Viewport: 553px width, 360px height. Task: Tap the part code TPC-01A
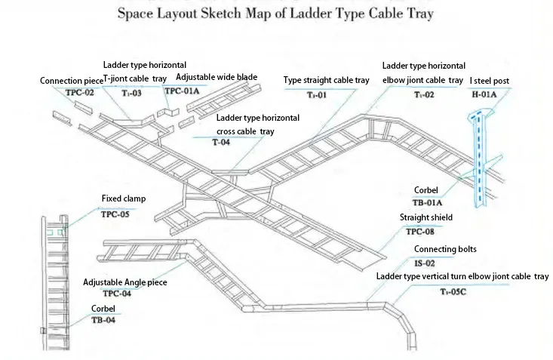pos(182,91)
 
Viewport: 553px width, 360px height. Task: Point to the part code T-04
pos(220,142)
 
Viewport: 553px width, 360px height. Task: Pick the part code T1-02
pos(424,94)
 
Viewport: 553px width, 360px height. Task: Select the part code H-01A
pos(485,94)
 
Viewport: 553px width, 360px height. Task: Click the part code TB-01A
pos(428,202)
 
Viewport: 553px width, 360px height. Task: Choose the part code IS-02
pos(424,263)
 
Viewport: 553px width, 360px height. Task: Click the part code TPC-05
pos(115,214)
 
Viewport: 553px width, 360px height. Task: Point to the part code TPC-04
pos(118,293)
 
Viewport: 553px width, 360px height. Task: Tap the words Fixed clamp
pos(124,199)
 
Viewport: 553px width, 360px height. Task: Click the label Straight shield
pos(426,217)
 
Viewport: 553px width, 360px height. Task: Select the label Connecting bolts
pos(445,249)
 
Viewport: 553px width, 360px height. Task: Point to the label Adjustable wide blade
pos(217,77)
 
